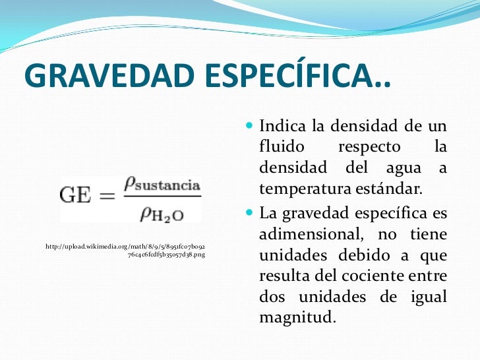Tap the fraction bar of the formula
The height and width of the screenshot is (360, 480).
click(x=161, y=196)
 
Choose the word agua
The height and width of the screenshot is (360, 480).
click(x=407, y=168)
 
